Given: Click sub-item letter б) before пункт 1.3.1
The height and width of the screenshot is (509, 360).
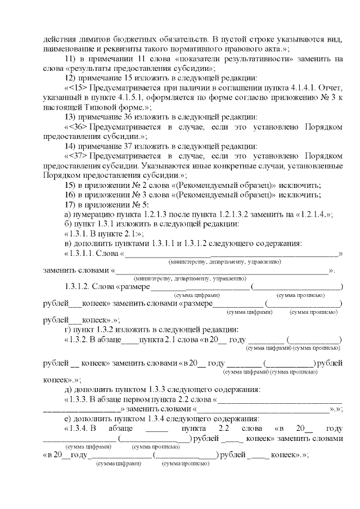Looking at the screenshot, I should tap(69, 224).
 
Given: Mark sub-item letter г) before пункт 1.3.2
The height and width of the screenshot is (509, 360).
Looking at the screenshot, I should tap(69, 330).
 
